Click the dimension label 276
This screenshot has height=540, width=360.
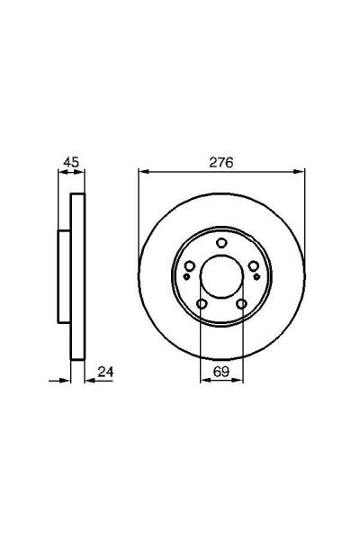pos(221,163)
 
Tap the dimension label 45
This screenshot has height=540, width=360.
pos(71,161)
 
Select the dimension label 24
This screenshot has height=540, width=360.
pos(105,372)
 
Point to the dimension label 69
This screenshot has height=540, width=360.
pos(221,372)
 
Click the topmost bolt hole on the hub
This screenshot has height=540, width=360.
pos(221,243)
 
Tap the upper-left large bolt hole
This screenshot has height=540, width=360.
pos(190,265)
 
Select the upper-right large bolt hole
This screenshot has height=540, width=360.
pos(254,265)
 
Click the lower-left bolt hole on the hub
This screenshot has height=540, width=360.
pos(202,304)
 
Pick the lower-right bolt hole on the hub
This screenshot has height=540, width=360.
pos(242,304)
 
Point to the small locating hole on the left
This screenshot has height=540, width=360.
pos(186,276)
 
